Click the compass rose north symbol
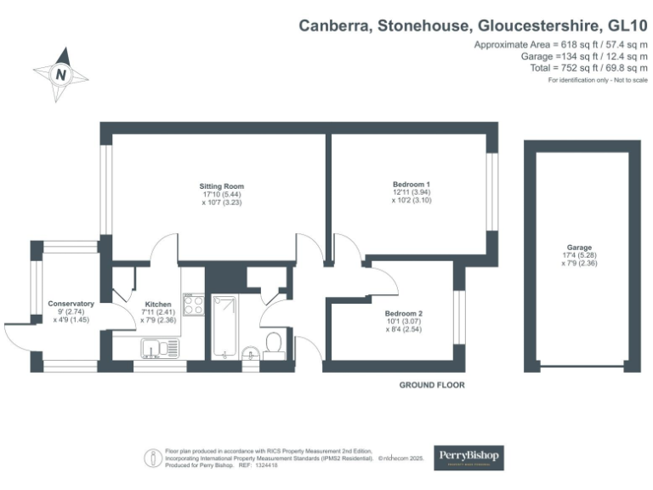tap(61, 74)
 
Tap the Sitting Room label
tap(222, 186)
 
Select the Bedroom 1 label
tap(412, 185)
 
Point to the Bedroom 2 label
tap(405, 313)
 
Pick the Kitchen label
tap(159, 304)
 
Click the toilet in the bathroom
tap(274, 343)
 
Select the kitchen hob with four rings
tap(192, 305)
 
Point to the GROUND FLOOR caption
tap(432, 385)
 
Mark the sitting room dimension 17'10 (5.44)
tap(222, 195)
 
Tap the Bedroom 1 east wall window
tap(491, 191)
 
